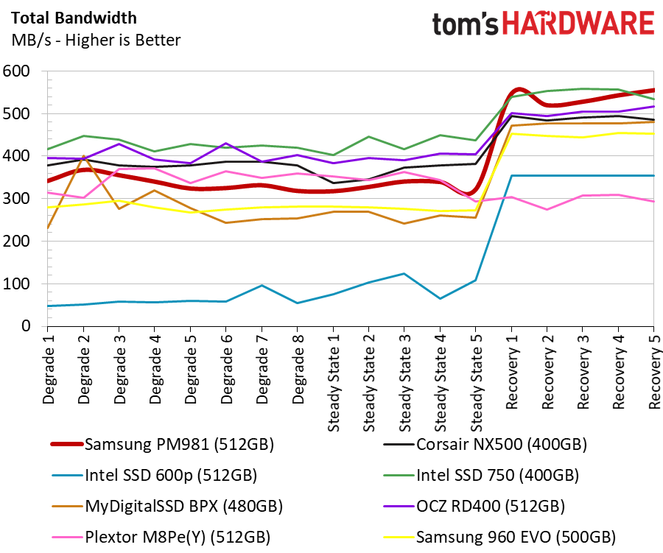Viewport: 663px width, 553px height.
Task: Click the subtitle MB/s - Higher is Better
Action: coord(96,40)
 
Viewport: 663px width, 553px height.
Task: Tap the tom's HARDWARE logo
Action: coord(543,25)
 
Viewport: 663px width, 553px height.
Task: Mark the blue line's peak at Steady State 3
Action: coord(404,273)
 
